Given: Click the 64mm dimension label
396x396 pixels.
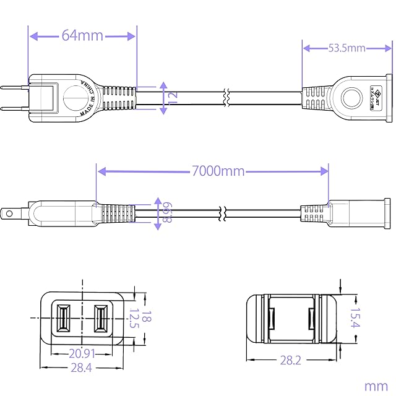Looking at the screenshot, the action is click(x=82, y=35).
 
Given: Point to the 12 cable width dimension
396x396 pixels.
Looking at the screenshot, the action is click(x=173, y=97).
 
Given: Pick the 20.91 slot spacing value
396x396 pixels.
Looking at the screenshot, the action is click(x=81, y=355).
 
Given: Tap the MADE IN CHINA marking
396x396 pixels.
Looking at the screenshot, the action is click(x=88, y=97).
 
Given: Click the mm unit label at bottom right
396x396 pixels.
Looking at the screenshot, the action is click(x=376, y=385).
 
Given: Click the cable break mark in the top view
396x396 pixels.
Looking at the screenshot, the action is click(x=228, y=97).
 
